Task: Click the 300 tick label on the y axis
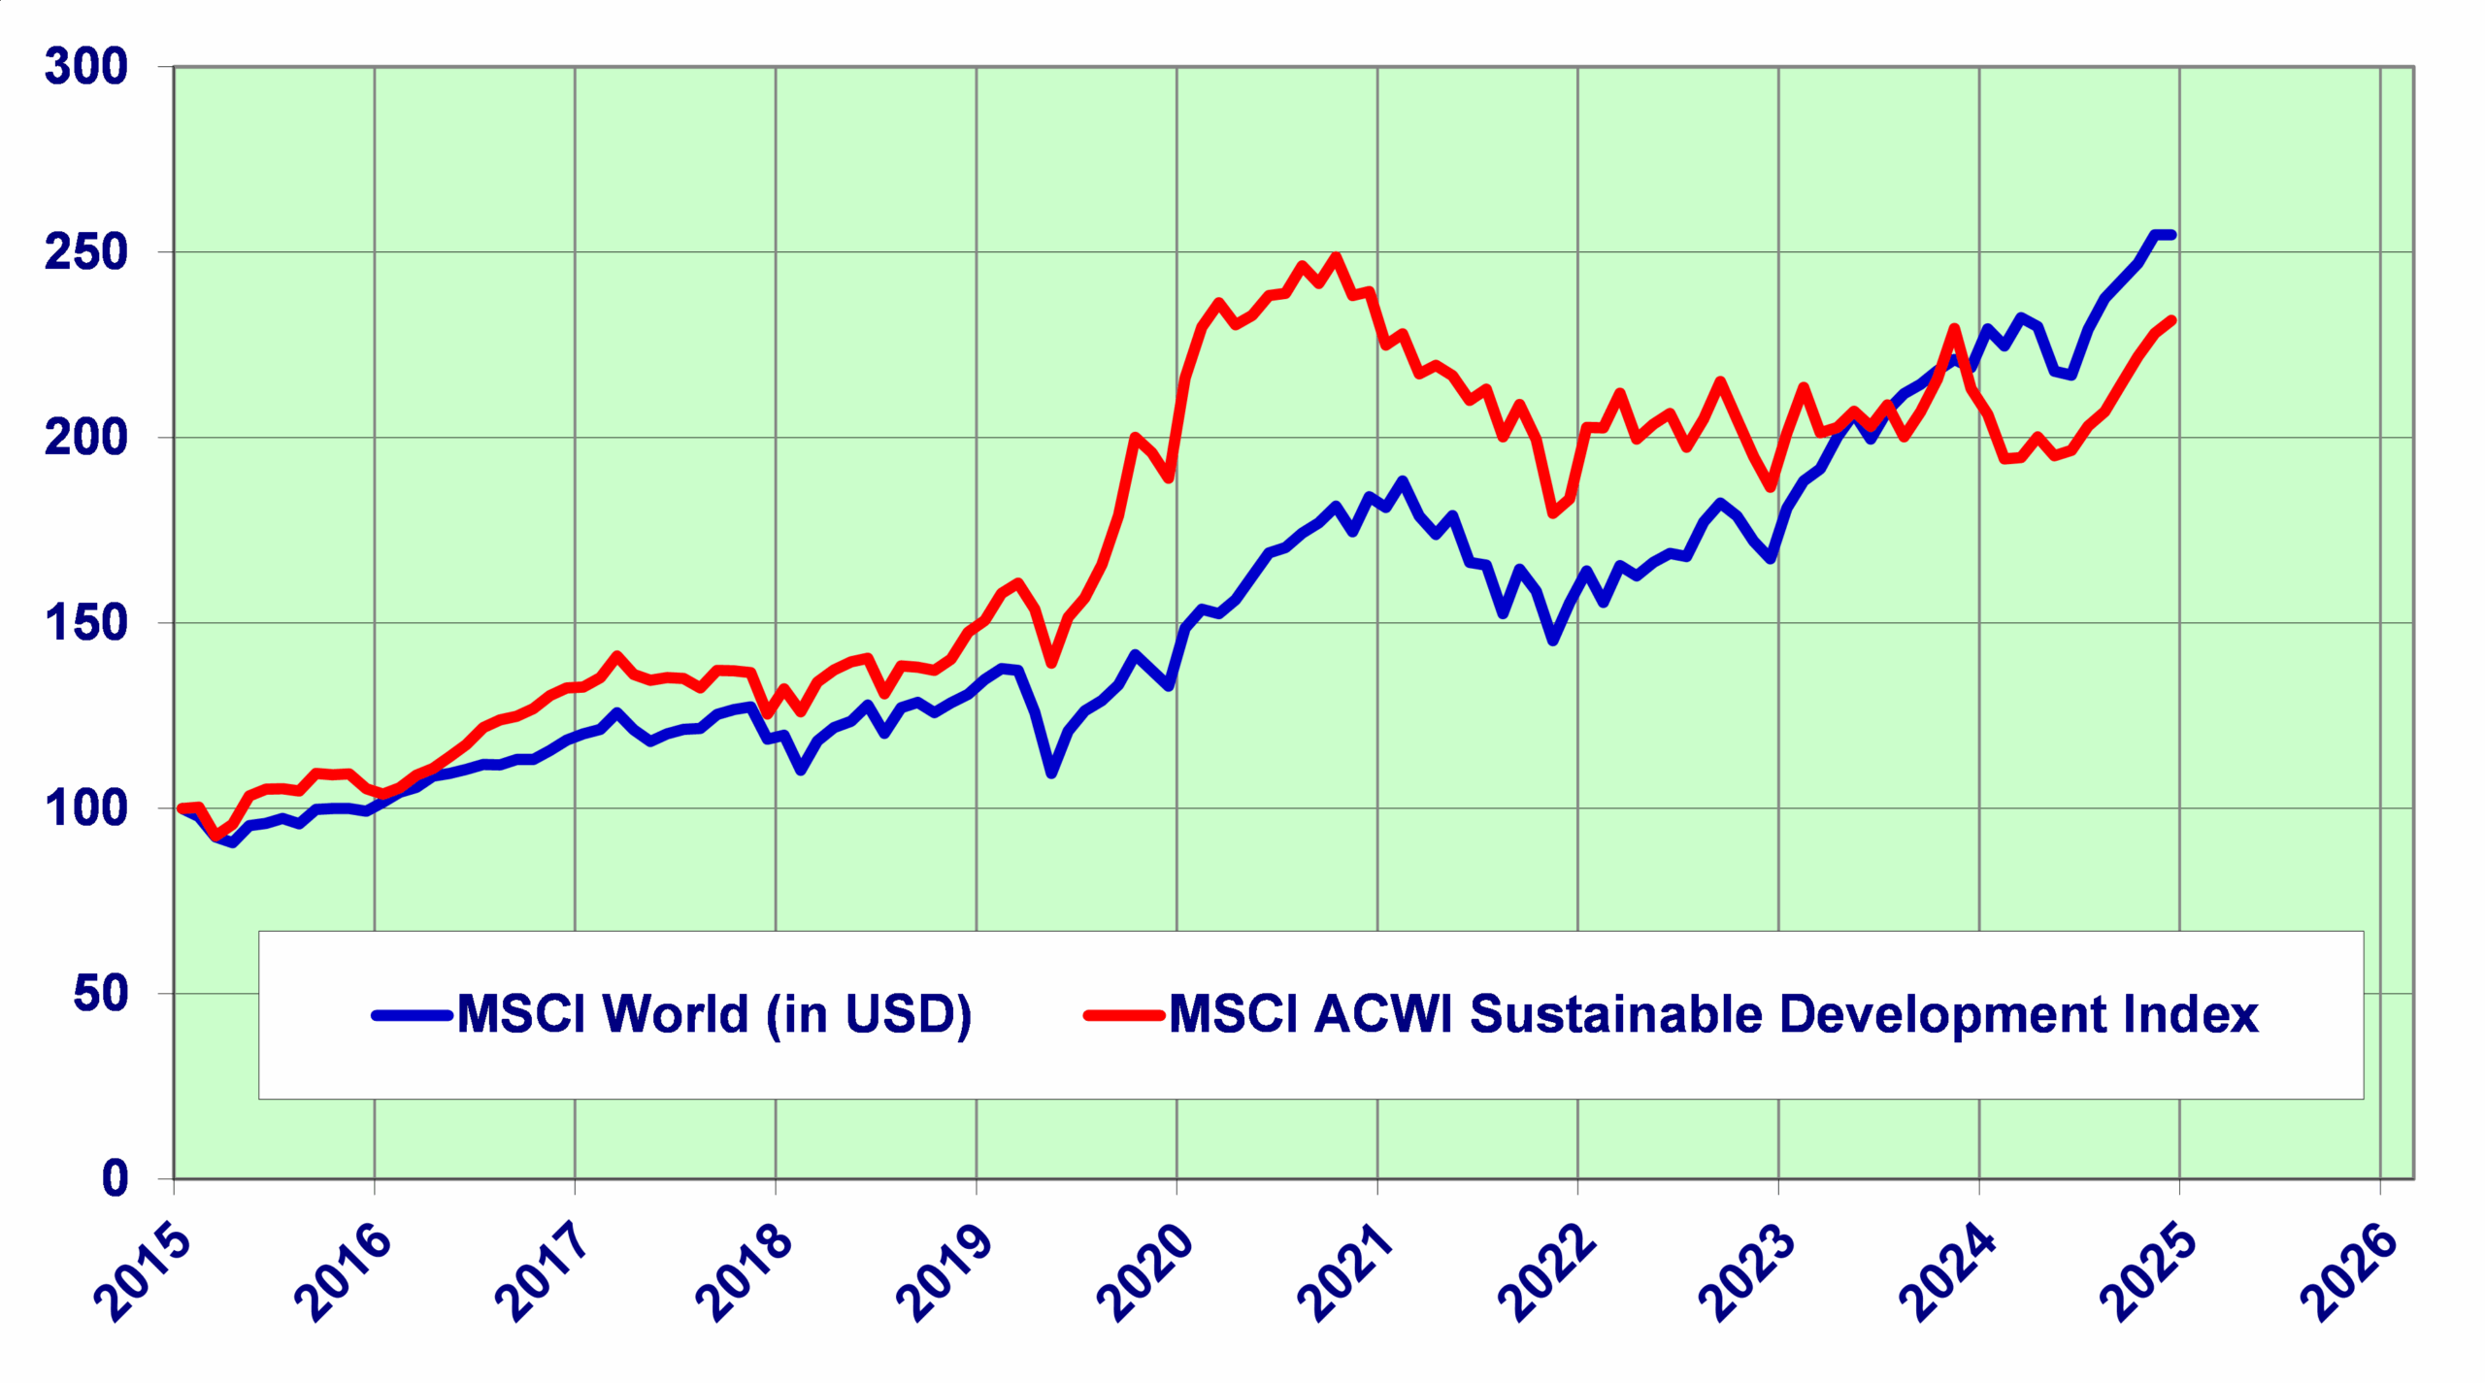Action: pyautogui.click(x=85, y=67)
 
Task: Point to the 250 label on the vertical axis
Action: pyautogui.click(x=85, y=252)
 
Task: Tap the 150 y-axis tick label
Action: pyautogui.click(x=85, y=623)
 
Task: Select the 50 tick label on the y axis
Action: pyautogui.click(x=100, y=994)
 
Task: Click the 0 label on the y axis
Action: pyautogui.click(x=115, y=1178)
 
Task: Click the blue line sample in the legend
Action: pyautogui.click(x=413, y=1016)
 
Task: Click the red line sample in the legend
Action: pyautogui.click(x=1124, y=1016)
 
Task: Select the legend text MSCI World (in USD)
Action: pyautogui.click(x=713, y=1015)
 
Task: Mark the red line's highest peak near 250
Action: pyautogui.click(x=1336, y=257)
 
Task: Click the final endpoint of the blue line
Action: pyautogui.click(x=2171, y=235)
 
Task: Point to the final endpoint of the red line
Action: pyautogui.click(x=2171, y=320)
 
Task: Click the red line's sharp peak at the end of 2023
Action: pyautogui.click(x=1954, y=328)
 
